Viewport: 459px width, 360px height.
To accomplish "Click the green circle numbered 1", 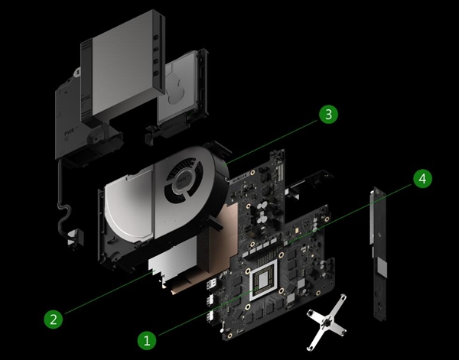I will coord(148,338).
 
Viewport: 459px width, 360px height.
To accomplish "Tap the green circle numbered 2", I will coord(51,319).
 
